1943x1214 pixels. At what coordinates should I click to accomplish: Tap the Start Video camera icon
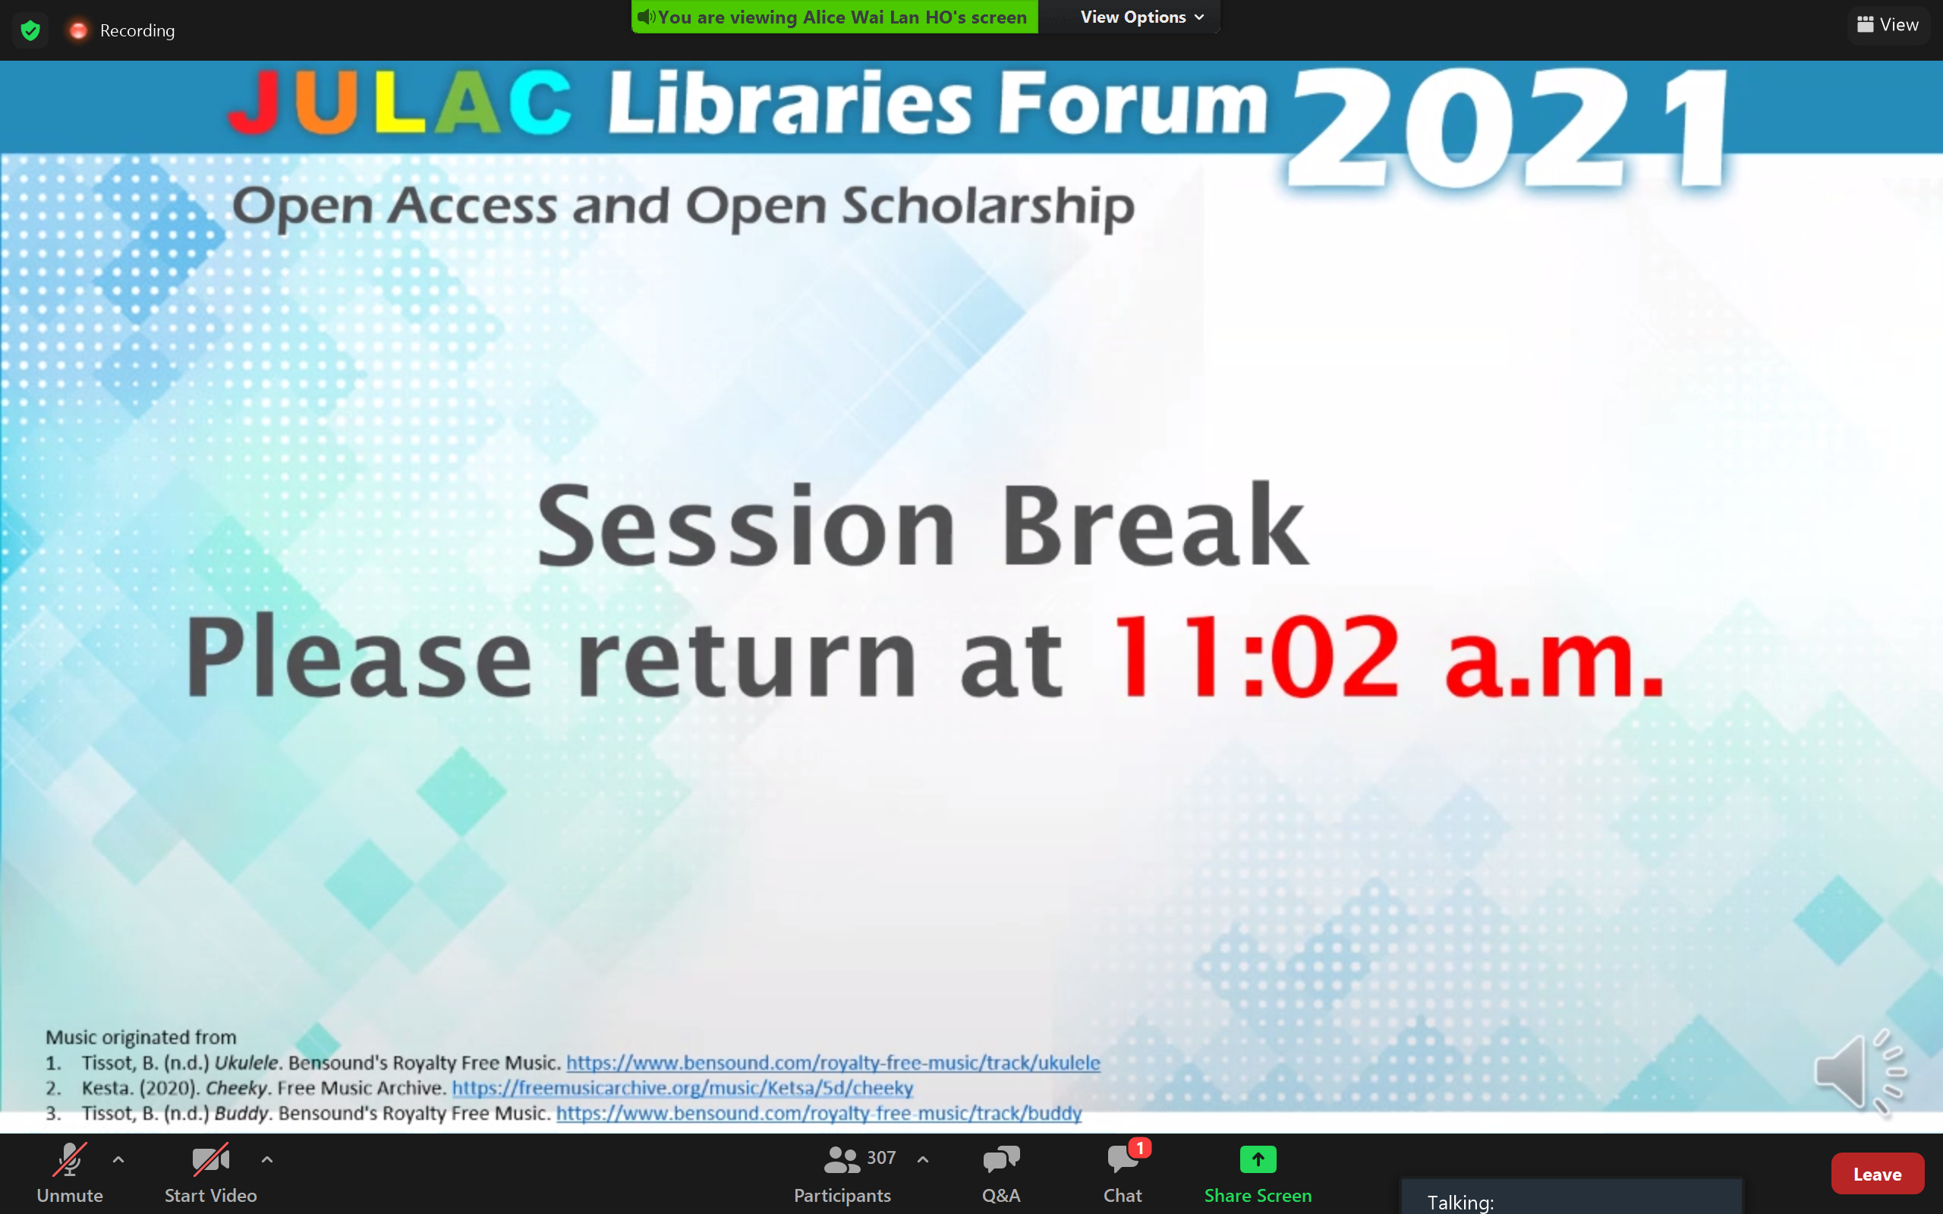[210, 1159]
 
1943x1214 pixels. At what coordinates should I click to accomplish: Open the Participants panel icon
[842, 1159]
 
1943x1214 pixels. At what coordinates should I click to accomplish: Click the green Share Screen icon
[1258, 1159]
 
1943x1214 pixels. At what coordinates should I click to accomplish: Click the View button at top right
[1888, 25]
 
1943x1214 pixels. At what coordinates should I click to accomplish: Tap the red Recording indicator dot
[78, 30]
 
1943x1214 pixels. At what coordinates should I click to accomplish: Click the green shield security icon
[30, 30]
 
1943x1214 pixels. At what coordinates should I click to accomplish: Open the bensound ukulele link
[833, 1063]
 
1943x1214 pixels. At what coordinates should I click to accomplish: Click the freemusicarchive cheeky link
[682, 1088]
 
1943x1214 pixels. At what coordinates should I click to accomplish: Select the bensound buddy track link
[819, 1114]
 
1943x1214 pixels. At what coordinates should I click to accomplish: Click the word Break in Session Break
[1154, 525]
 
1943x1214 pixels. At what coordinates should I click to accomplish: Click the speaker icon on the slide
[1860, 1071]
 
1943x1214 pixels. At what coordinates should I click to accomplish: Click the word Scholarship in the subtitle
[988, 206]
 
